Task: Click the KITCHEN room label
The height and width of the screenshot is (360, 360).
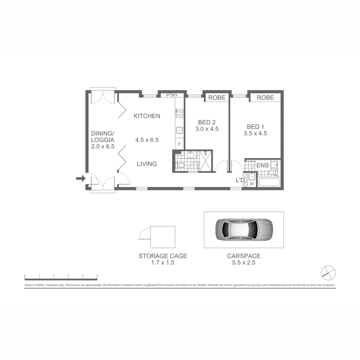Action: pos(147,116)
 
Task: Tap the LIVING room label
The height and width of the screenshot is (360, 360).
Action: pos(147,164)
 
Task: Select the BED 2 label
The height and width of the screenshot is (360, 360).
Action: pos(207,122)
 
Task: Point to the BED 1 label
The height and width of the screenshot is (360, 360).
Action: pos(255,127)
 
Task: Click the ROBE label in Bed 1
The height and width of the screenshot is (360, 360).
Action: pos(265,98)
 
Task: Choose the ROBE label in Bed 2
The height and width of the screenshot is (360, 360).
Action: pos(217,98)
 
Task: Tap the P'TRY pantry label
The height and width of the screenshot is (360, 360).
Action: pos(172,96)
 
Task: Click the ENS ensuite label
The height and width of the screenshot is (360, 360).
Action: pos(262,165)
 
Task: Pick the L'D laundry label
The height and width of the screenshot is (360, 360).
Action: pos(240,180)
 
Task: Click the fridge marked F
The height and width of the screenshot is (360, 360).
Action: pos(179,144)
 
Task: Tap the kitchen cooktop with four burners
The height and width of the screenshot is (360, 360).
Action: pos(179,113)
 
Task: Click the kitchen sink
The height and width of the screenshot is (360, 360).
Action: pos(179,130)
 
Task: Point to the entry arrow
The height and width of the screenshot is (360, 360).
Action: pos(80,179)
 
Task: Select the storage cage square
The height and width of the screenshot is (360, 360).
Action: pos(163,237)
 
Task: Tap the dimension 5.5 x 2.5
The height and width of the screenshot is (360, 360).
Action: pos(244,263)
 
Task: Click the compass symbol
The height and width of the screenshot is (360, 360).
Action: pos(328,273)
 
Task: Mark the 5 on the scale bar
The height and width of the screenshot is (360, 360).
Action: pos(97,276)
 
